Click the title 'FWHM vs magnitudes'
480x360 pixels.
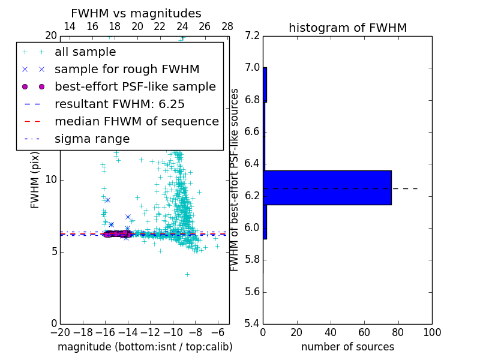coord(136,13)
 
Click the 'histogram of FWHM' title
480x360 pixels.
coord(347,28)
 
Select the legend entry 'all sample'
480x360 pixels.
coord(85,52)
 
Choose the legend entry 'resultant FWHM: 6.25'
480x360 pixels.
coord(119,104)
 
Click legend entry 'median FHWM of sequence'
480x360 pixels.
coord(136,121)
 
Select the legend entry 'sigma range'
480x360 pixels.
coord(92,139)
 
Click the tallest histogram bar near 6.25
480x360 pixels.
coord(327,188)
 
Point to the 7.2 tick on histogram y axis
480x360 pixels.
coord(252,35)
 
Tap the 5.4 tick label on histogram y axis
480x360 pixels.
coord(252,324)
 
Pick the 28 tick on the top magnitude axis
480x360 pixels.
coord(227,26)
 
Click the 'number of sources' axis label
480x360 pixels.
coord(347,347)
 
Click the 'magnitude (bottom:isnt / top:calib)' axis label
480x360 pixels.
coord(145,347)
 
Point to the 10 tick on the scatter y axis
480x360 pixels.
coord(51,180)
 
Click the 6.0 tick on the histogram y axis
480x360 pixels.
coord(252,228)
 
